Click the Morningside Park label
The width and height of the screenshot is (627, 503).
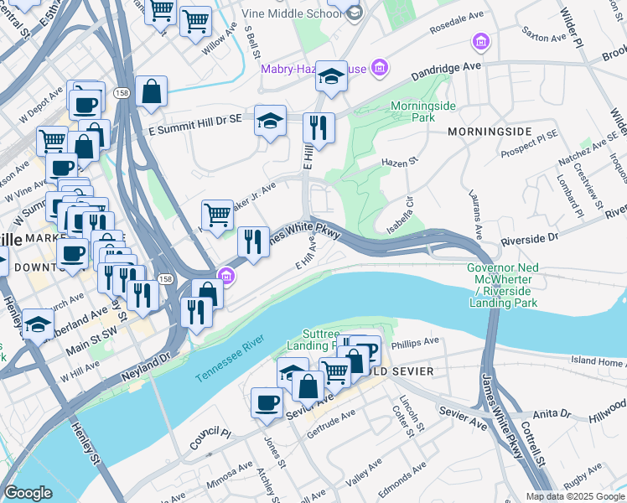click(413, 112)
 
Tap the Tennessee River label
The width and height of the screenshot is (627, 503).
click(230, 359)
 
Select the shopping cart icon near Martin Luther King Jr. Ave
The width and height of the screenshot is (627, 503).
click(218, 214)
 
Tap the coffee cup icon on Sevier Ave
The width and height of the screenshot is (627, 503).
click(267, 402)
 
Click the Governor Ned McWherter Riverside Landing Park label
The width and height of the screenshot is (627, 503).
click(502, 285)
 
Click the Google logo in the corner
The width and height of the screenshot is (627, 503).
click(28, 493)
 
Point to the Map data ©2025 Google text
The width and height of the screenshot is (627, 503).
click(575, 496)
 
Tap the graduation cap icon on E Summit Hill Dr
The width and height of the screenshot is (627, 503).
click(270, 121)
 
